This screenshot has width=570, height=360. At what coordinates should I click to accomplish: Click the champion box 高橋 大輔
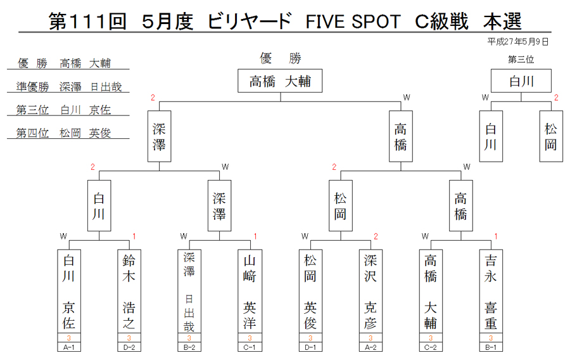[x=280, y=80]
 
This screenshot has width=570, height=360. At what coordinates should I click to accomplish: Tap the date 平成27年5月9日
[x=517, y=42]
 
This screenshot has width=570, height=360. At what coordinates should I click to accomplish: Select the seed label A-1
[x=68, y=347]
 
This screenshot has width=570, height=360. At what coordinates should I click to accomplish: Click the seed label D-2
[x=129, y=347]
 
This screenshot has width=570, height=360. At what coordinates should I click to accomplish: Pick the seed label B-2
[x=189, y=347]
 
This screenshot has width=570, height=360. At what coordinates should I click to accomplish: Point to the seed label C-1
[x=250, y=347]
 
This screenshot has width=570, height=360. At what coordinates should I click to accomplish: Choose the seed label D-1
[x=310, y=347]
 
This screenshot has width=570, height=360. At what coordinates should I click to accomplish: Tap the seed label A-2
[x=370, y=347]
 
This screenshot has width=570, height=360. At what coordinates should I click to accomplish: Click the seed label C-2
[x=431, y=347]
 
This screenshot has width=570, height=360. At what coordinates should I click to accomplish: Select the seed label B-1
[x=491, y=347]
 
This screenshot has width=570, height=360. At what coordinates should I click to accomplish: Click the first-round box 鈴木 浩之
[x=129, y=291]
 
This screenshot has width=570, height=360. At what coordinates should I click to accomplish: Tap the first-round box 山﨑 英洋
[x=250, y=291]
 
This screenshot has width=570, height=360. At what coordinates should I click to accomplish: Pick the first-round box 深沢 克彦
[x=370, y=291]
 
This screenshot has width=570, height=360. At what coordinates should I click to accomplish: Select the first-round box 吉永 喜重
[x=491, y=291]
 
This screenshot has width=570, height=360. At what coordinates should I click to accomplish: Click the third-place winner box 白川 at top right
[x=521, y=80]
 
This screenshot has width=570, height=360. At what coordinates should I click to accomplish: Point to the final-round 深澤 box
[x=159, y=136]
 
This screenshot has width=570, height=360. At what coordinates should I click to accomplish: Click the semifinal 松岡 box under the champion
[x=341, y=206]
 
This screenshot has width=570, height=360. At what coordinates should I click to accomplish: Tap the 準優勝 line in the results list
[x=68, y=87]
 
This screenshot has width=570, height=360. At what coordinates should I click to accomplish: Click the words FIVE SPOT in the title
[x=353, y=22]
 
